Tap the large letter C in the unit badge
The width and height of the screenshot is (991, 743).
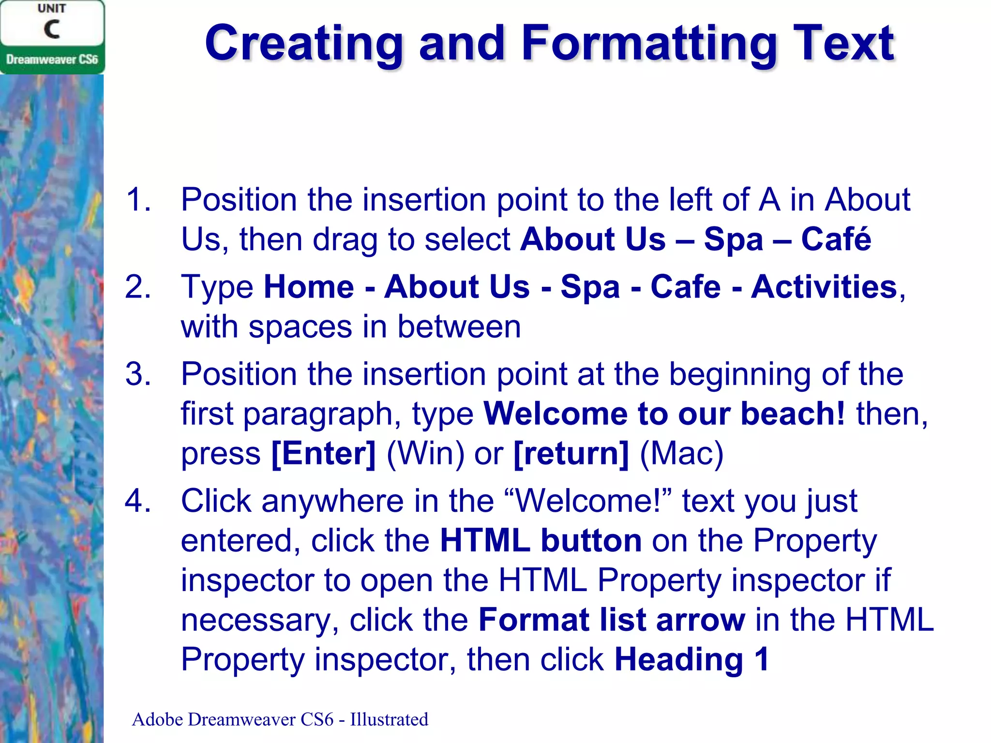coord(52,30)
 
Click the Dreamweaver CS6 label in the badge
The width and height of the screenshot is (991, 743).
coord(52,59)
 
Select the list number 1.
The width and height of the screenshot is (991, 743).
coord(138,199)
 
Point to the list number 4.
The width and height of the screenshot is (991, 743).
coord(138,501)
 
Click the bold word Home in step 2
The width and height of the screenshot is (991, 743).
coord(309,287)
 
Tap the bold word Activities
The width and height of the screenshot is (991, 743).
coord(824,287)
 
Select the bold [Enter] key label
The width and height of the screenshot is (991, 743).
coord(323,454)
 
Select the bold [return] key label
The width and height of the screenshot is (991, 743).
coord(571,454)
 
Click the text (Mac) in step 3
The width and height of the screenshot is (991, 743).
coord(681,454)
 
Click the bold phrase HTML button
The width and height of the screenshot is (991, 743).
coord(541,540)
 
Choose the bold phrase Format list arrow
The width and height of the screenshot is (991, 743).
coord(612,620)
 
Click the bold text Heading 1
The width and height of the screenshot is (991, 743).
coord(691,659)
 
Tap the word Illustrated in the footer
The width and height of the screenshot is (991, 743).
coord(389,719)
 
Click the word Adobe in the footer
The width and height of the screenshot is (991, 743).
coord(157,719)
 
